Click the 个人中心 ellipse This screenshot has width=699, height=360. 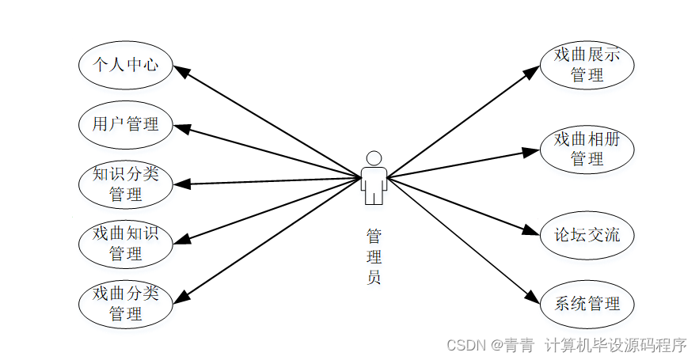coord(126,64)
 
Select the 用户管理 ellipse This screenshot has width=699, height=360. coord(126,124)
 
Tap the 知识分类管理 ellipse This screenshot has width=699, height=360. coord(126,184)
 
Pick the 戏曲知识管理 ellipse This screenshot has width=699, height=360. coord(126,244)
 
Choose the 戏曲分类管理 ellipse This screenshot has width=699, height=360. coord(126,304)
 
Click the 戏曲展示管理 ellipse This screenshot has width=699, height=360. coord(587,65)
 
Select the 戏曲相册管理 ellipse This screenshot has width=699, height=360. coord(587,149)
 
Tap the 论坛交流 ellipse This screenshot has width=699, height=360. coord(587,235)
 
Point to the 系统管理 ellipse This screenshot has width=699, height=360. coord(587,303)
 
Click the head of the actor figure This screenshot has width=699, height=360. coord(374,157)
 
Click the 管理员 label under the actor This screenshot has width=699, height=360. coord(374,256)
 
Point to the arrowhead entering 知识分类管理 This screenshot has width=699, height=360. coord(181,184)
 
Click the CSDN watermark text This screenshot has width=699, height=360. coord(566,345)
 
